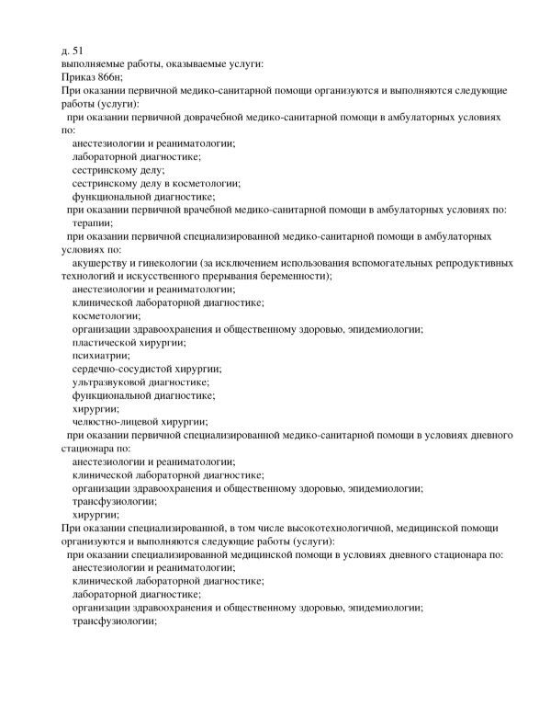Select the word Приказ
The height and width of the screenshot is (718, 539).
[77, 78]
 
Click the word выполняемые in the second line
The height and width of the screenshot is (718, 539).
[95, 63]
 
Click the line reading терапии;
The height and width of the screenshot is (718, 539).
[95, 223]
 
